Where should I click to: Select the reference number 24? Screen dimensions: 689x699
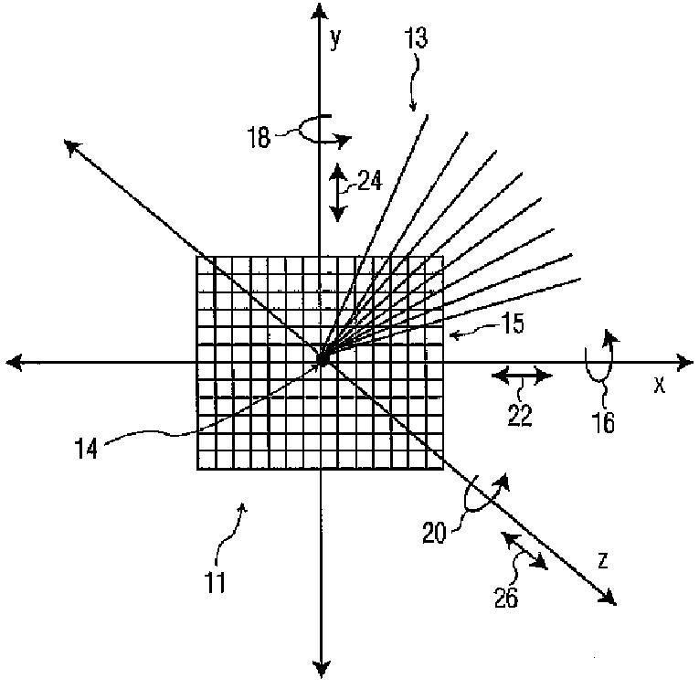click(369, 181)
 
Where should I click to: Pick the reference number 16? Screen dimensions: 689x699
click(602, 421)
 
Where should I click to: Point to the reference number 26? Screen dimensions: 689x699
click(505, 598)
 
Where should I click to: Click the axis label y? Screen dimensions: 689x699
click(335, 38)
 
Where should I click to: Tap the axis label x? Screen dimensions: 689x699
click(658, 385)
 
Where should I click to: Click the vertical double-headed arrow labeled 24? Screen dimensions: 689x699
click(337, 192)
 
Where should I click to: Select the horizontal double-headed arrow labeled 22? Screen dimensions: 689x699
click(522, 376)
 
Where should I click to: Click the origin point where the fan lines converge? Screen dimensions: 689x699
click(322, 360)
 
